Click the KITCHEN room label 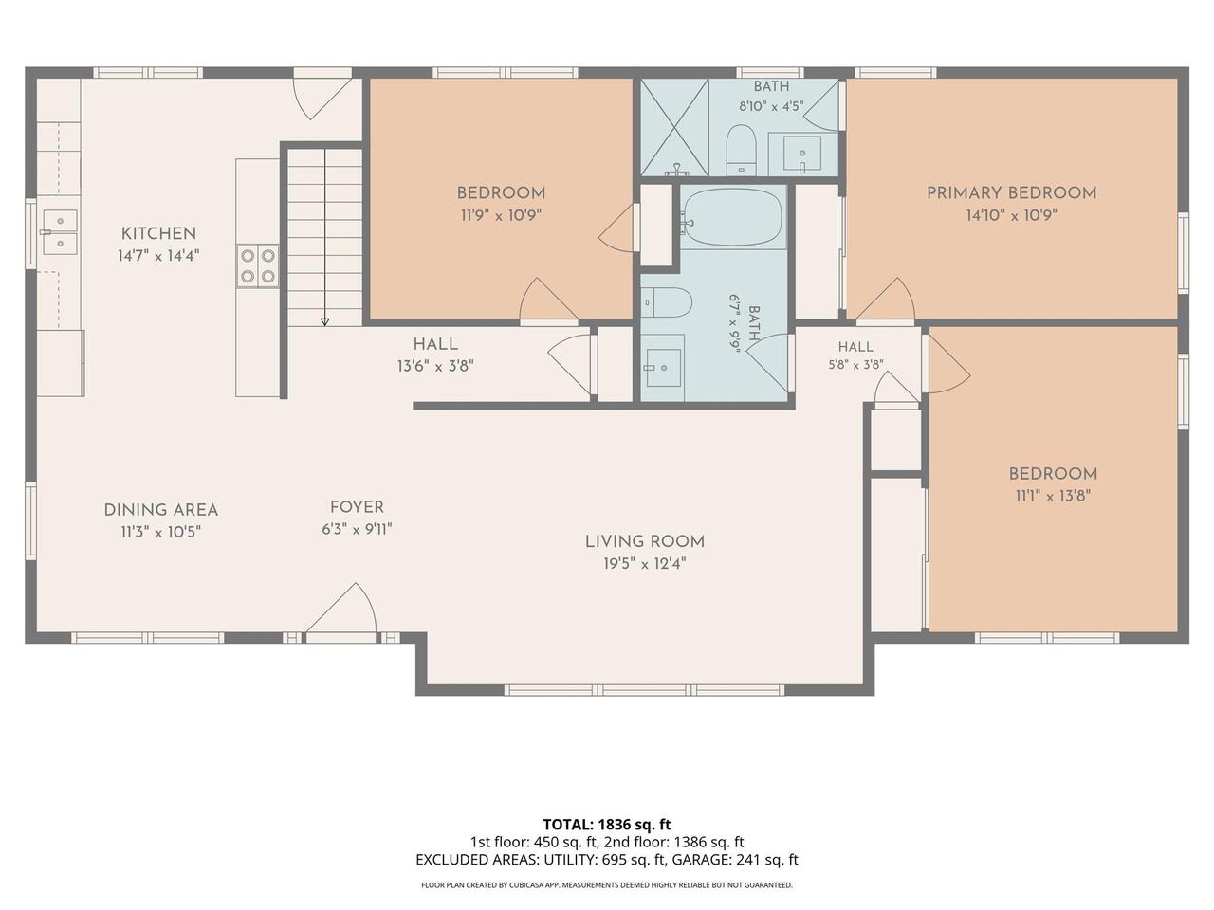158,234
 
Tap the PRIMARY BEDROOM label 1012,193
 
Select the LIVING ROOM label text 645,542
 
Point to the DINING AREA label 161,510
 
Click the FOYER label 357,507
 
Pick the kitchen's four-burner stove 258,265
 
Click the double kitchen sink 60,232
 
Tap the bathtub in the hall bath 733,217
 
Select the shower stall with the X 674,127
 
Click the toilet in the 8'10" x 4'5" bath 741,150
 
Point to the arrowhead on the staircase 324,321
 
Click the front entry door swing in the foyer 341,609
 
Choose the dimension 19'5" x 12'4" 645,564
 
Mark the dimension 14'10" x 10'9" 1012,215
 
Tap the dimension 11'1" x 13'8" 1053,496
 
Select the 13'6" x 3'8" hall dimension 435,366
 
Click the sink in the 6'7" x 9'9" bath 663,368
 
